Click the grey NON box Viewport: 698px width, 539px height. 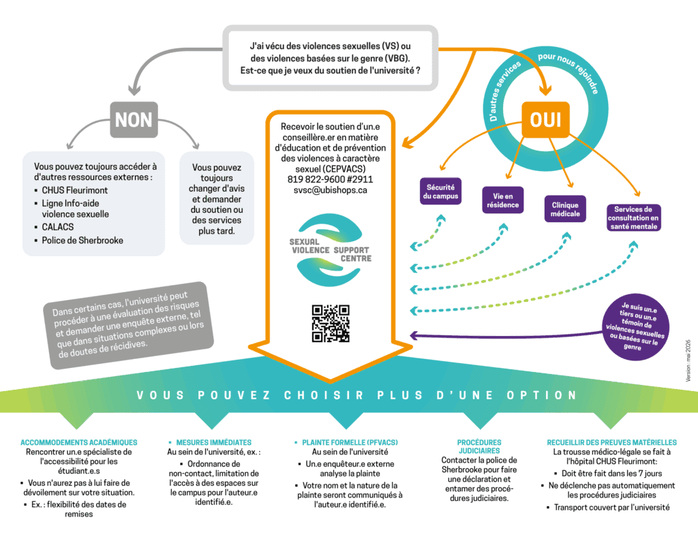(134, 120)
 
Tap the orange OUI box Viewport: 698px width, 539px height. (545, 120)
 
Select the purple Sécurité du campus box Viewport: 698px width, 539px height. (441, 191)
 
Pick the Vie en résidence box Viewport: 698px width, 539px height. (502, 200)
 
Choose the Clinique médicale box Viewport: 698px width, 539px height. (565, 209)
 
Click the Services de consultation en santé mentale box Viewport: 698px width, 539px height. (633, 217)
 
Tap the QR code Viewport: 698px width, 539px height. (331, 324)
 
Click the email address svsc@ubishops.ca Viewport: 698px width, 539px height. (331, 190)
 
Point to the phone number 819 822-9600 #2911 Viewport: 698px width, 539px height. (331, 179)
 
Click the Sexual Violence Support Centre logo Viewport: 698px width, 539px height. (331, 249)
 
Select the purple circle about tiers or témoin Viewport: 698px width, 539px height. (635, 327)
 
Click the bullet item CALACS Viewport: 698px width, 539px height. (57, 227)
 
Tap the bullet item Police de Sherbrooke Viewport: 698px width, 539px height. (82, 241)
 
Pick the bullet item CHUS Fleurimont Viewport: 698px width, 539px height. (74, 191)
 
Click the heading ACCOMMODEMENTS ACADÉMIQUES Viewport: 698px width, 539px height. (79, 442)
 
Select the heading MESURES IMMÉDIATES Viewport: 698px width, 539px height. (213, 442)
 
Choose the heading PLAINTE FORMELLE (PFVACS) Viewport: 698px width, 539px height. (350, 442)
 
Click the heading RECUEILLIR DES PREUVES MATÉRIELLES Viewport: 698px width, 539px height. (611, 442)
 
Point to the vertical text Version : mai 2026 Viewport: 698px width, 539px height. (688, 360)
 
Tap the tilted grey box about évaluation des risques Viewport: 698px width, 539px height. (129, 325)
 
